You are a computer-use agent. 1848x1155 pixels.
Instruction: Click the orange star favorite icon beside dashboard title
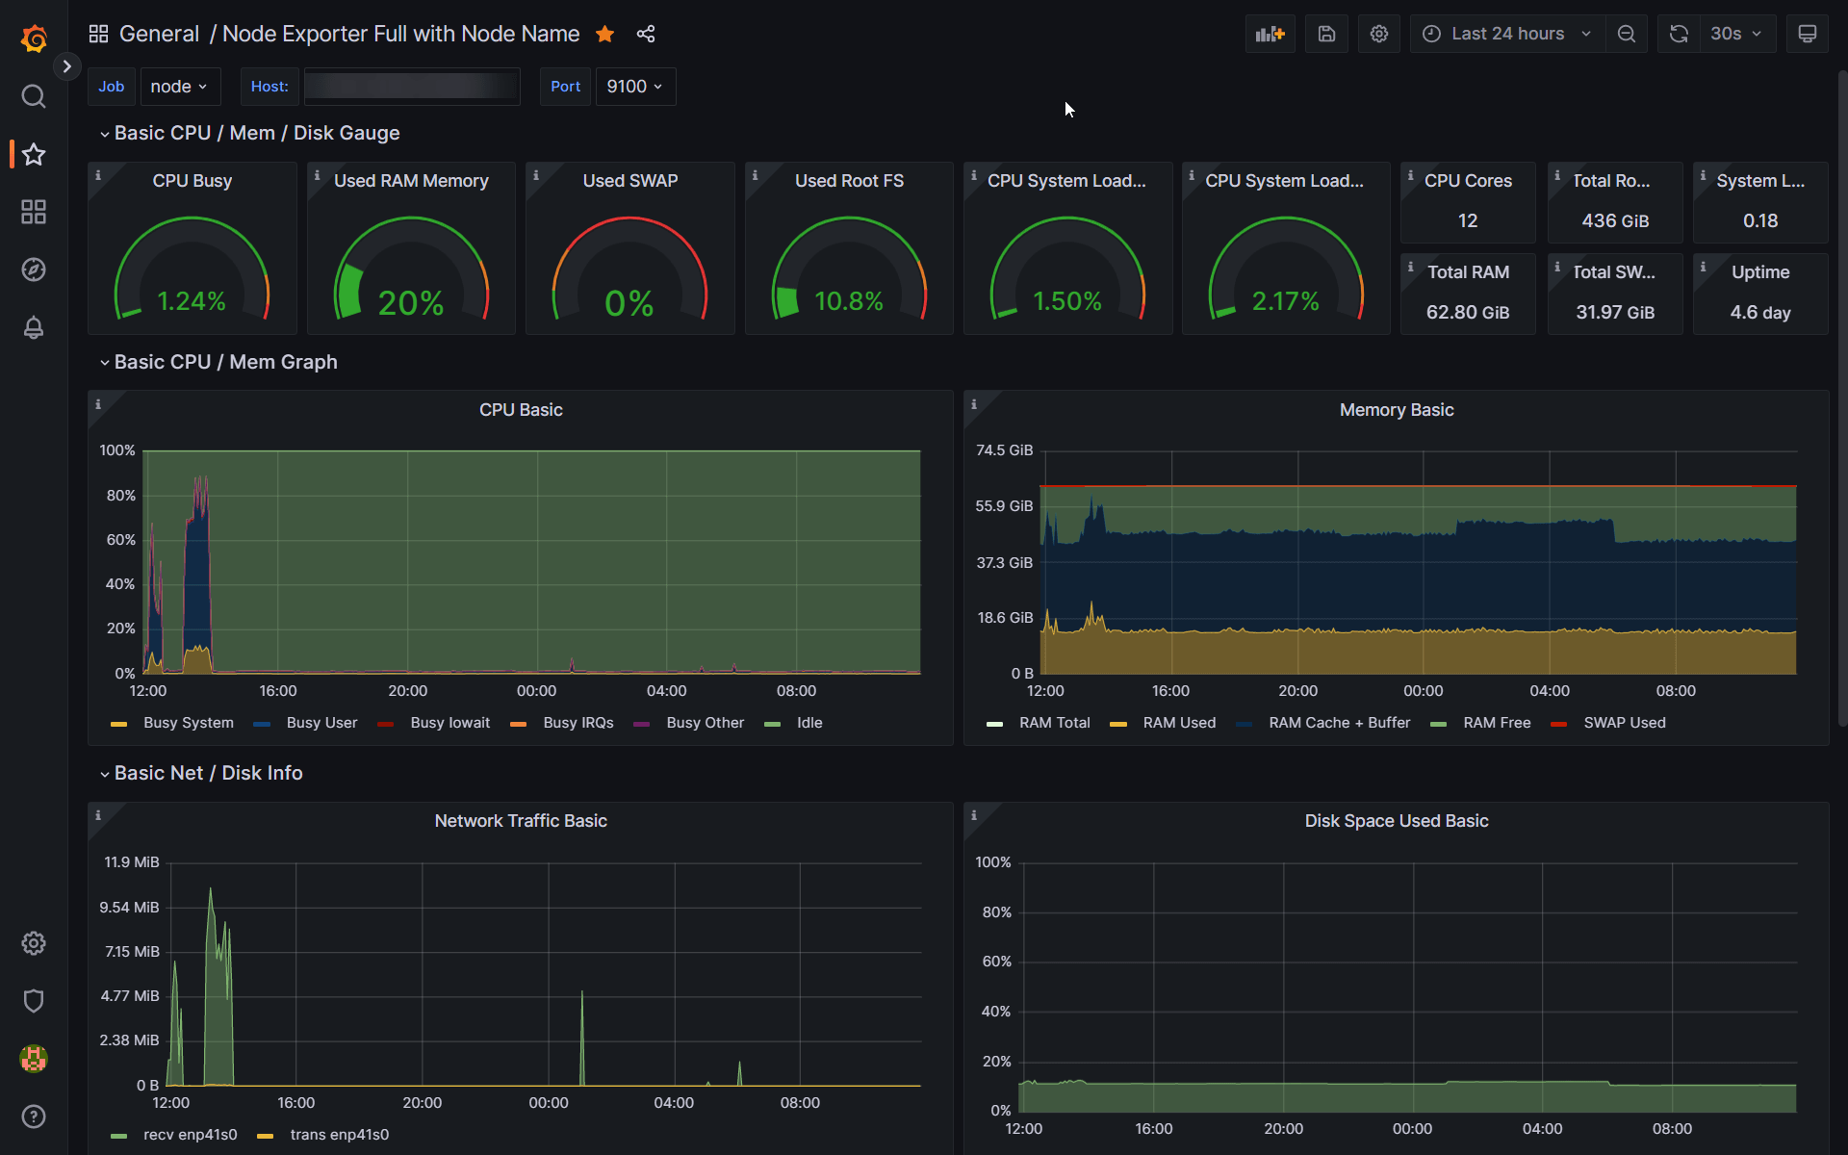click(x=604, y=35)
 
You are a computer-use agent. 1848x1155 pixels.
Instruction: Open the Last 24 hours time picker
click(x=1506, y=34)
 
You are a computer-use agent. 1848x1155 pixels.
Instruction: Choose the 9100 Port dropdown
click(x=634, y=87)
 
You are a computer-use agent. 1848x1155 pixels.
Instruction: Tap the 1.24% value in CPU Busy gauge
click(x=192, y=301)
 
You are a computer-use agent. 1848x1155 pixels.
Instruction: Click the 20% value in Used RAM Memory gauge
click(x=411, y=303)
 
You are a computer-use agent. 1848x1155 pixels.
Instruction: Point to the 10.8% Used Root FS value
click(x=848, y=301)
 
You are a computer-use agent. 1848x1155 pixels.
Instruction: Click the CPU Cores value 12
click(x=1467, y=220)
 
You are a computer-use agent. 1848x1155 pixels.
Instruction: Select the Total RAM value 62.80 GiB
click(x=1467, y=312)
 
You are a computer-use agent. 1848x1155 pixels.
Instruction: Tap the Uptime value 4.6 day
click(x=1759, y=312)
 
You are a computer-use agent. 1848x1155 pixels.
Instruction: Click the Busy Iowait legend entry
click(x=449, y=723)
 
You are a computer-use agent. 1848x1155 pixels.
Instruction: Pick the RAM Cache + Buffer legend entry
click(x=1338, y=723)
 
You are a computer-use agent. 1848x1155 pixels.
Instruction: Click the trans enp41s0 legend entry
click(x=339, y=1135)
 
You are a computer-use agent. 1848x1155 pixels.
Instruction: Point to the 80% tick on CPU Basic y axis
click(x=120, y=496)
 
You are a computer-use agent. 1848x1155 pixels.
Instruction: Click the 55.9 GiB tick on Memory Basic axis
click(x=1003, y=506)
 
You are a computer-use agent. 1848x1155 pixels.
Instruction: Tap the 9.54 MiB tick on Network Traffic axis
click(x=129, y=908)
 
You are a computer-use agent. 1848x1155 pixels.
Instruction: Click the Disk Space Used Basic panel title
click(x=1396, y=821)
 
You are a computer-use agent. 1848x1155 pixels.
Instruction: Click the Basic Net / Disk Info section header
click(x=208, y=773)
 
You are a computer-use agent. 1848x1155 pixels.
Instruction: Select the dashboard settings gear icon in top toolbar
click(x=1378, y=34)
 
